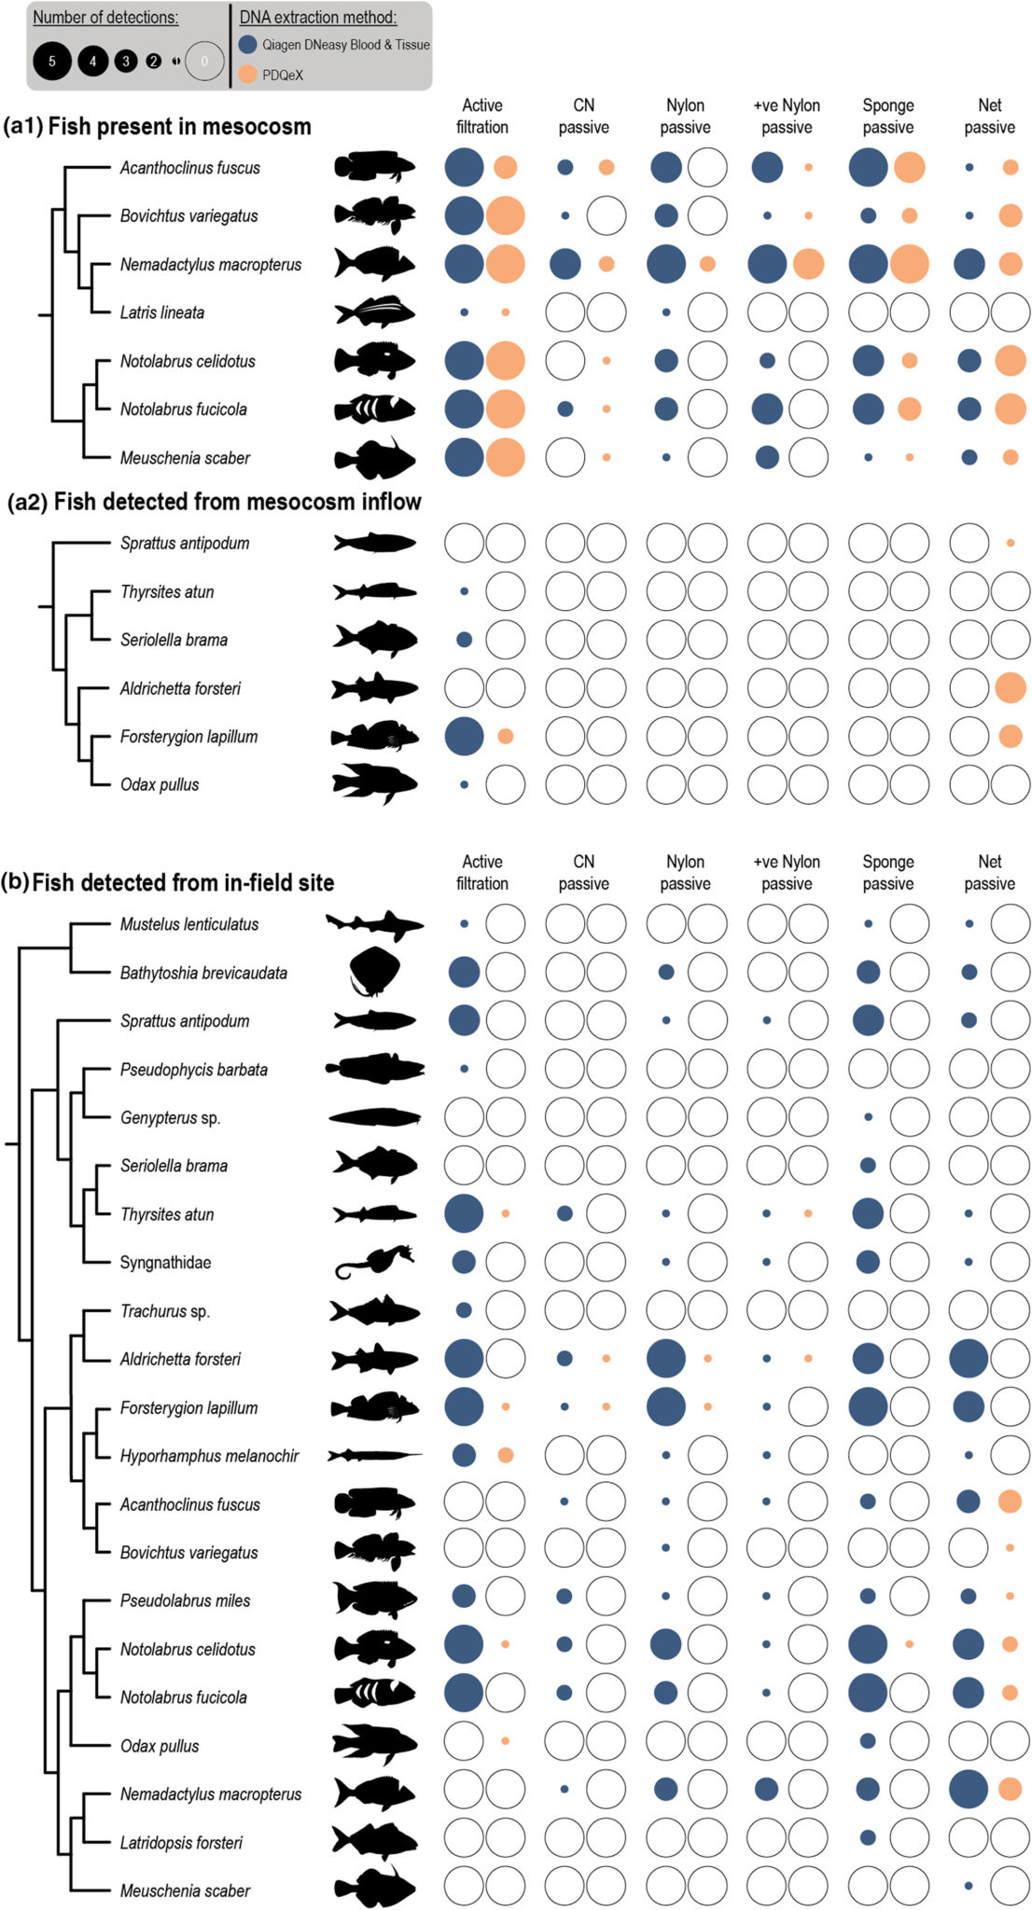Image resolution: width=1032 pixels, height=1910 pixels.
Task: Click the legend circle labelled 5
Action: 52,62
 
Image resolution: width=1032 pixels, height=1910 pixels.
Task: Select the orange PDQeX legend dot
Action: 247,75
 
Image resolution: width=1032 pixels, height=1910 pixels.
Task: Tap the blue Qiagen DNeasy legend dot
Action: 247,44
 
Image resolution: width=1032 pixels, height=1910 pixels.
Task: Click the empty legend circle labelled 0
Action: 204,62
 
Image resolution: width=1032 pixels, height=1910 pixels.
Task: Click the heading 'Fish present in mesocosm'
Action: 179,126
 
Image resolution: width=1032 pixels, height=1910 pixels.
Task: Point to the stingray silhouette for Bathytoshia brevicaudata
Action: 374,972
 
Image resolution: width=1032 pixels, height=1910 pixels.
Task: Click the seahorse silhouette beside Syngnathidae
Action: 374,1262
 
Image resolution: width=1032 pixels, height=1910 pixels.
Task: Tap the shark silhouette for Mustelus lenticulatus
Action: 374,924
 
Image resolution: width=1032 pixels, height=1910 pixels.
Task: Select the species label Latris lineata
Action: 161,312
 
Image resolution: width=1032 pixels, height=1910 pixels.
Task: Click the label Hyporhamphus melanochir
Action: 209,1456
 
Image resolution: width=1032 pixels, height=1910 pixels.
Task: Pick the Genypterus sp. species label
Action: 170,1117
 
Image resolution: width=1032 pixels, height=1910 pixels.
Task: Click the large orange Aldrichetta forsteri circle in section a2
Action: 1011,688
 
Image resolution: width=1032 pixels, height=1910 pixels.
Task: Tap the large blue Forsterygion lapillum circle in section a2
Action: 464,736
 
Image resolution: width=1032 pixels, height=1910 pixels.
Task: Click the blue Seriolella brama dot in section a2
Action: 464,640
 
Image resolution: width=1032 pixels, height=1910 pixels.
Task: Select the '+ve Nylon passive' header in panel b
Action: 787,872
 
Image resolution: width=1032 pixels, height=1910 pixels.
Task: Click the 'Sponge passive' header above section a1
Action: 887,116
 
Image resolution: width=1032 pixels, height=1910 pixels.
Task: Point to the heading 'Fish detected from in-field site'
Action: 183,882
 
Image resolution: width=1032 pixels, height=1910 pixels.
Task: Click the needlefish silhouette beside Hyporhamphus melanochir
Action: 374,1455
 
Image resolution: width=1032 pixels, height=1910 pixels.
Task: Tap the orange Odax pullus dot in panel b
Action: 505,1740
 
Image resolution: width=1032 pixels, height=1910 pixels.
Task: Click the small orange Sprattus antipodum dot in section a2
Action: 1011,543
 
